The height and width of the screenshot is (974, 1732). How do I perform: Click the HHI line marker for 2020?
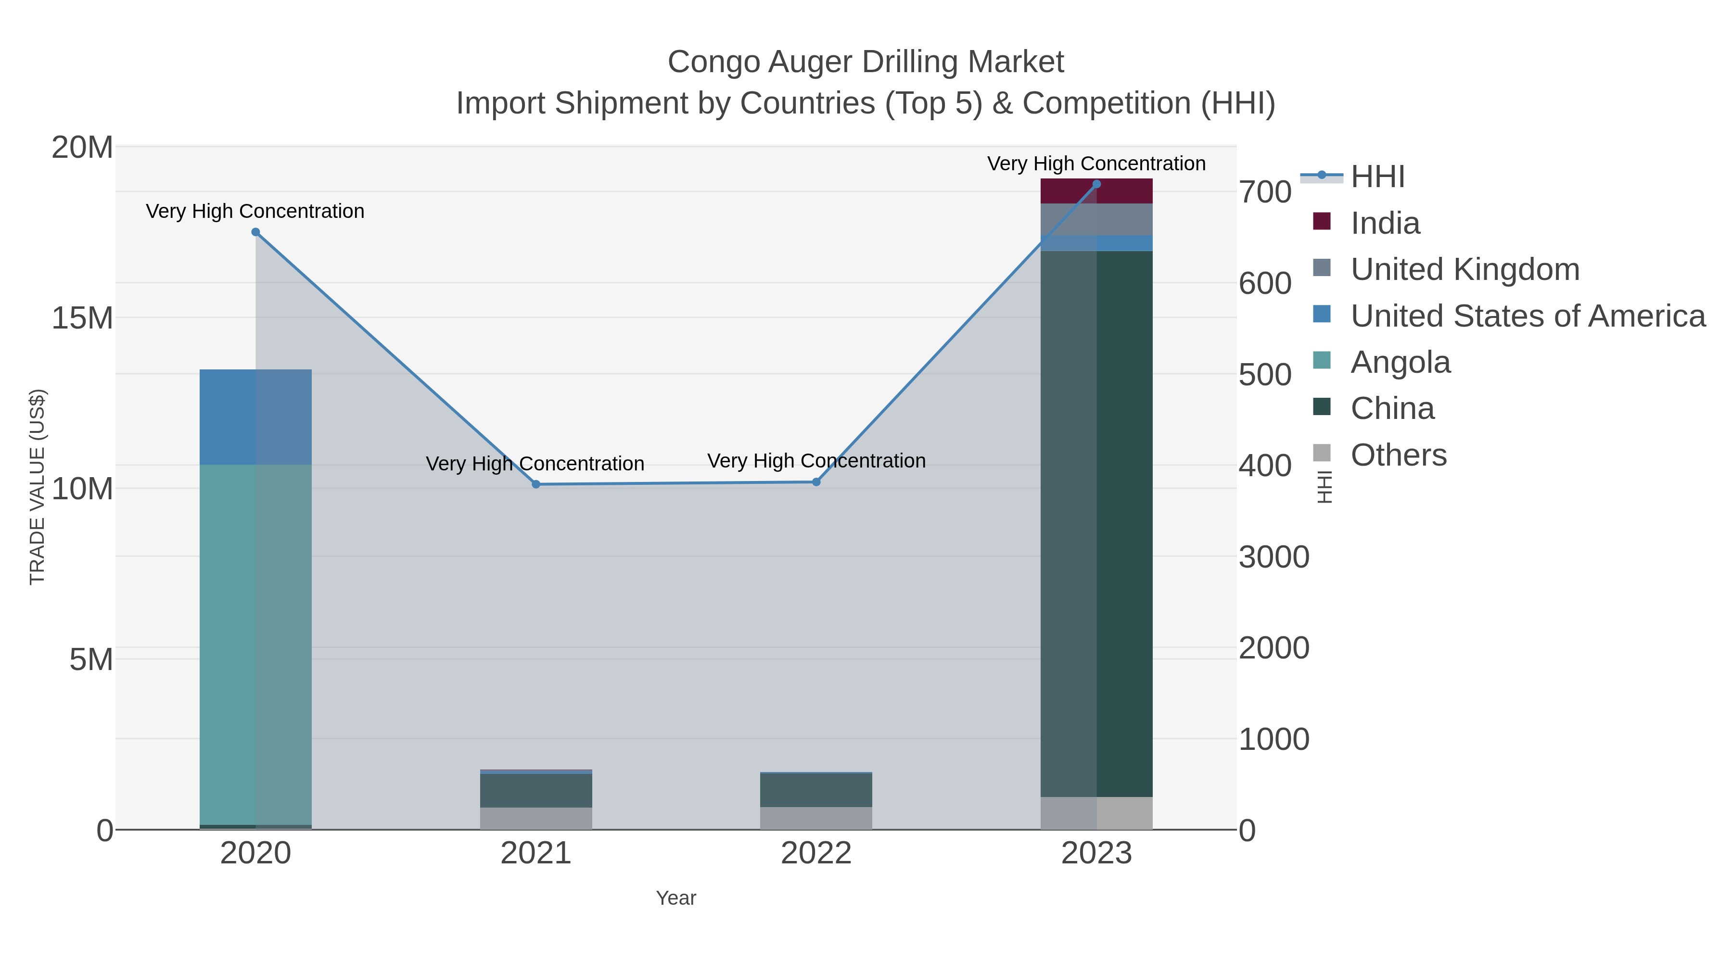pyautogui.click(x=255, y=232)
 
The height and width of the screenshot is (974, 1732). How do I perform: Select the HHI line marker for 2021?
pyautogui.click(x=536, y=484)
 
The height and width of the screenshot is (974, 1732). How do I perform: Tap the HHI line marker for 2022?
pyautogui.click(x=816, y=482)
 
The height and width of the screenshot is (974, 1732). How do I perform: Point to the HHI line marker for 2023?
pyautogui.click(x=1096, y=184)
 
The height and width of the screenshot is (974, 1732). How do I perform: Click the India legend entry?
pyautogui.click(x=1385, y=223)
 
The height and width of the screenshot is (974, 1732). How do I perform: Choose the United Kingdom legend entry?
pyautogui.click(x=1465, y=269)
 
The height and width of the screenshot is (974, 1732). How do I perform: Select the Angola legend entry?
pyautogui.click(x=1400, y=362)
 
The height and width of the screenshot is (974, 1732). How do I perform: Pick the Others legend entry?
pyautogui.click(x=1399, y=455)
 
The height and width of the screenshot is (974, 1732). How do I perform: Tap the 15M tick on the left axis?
pyautogui.click(x=82, y=317)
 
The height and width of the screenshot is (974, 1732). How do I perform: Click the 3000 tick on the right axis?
pyautogui.click(x=1274, y=557)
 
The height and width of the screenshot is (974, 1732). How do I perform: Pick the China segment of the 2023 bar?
pyautogui.click(x=1096, y=524)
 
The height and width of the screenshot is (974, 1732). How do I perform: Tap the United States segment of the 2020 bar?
pyautogui.click(x=255, y=417)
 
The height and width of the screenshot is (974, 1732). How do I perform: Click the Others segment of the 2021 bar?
pyautogui.click(x=536, y=818)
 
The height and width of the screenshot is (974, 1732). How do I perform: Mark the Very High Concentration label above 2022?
pyautogui.click(x=816, y=461)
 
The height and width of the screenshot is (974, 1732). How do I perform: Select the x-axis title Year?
pyautogui.click(x=676, y=898)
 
